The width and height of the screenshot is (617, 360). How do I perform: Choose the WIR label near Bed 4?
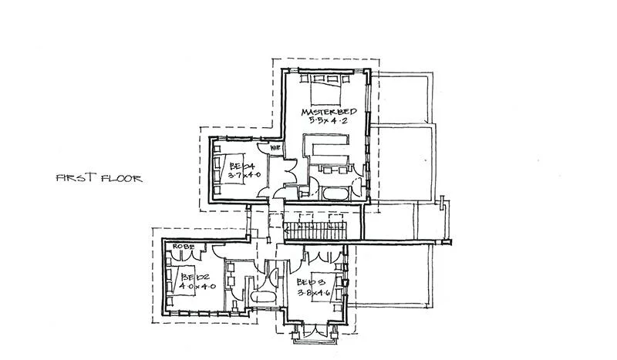pos(274,146)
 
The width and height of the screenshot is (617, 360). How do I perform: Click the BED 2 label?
pos(190,275)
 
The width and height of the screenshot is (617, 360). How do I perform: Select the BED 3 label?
pos(311,283)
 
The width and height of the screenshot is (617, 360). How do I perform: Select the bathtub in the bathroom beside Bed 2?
pos(261,298)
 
